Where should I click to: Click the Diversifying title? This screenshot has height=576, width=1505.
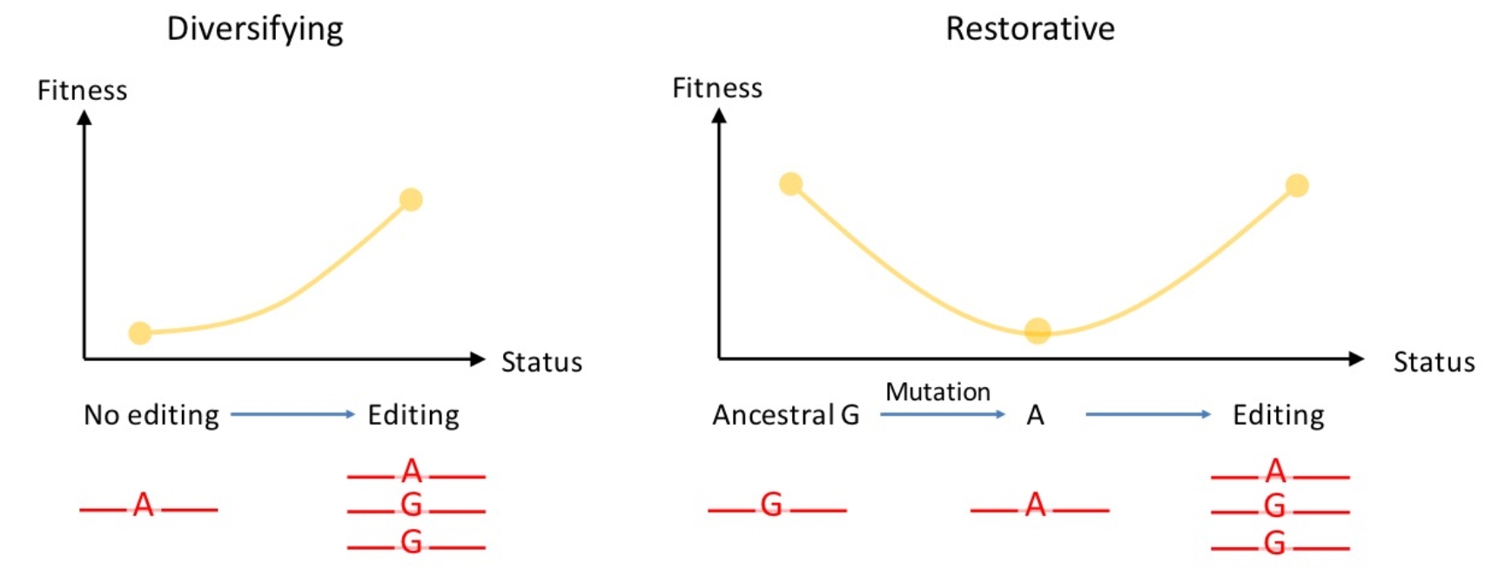click(255, 30)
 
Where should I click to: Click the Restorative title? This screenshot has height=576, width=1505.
click(1030, 29)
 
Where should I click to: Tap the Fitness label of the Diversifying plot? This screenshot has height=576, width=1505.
click(83, 90)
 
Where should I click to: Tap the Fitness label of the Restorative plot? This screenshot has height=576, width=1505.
click(717, 88)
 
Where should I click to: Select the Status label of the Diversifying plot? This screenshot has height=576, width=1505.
click(541, 362)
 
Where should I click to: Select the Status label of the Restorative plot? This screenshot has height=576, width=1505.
click(1434, 362)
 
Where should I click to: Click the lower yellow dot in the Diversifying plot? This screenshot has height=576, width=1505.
click(140, 332)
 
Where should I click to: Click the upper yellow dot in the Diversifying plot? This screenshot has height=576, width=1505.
click(411, 200)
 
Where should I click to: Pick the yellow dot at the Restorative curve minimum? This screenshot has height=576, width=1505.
click(1038, 331)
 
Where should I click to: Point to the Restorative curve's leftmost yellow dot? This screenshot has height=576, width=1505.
click(790, 184)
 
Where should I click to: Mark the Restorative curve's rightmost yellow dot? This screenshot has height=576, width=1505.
click(1297, 185)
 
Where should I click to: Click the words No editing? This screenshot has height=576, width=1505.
click(151, 415)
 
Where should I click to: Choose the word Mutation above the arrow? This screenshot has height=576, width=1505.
click(937, 392)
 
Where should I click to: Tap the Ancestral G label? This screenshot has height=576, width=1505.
click(786, 415)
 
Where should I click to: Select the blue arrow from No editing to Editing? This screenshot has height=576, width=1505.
click(292, 414)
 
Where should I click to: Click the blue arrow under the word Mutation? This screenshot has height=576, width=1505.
click(943, 414)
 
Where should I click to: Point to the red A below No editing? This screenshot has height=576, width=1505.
click(144, 505)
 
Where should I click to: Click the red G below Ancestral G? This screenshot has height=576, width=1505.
click(771, 505)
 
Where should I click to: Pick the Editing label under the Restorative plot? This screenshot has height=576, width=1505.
click(1279, 415)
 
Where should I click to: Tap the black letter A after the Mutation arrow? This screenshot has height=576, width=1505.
click(1035, 415)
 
